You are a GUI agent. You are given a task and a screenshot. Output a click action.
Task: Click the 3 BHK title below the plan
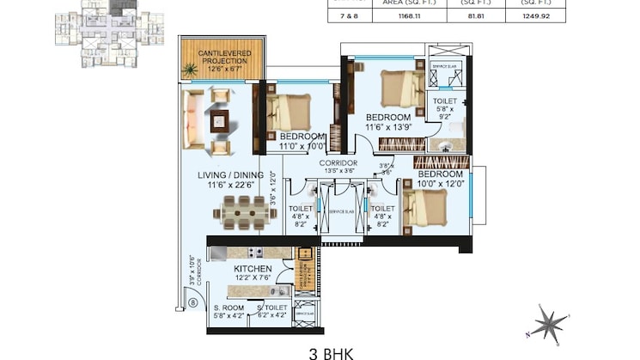coord(331,352)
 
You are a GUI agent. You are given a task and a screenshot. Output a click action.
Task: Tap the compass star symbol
coord(547,323)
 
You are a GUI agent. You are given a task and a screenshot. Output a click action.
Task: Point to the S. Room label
coord(229,311)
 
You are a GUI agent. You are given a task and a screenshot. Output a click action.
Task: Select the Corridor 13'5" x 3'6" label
coord(338,166)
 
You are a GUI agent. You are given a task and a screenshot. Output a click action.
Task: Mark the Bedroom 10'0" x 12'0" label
coord(441,178)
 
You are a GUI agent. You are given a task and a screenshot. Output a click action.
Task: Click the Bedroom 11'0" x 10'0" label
coord(302,141)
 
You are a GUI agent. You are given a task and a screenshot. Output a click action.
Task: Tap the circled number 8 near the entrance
coord(193,302)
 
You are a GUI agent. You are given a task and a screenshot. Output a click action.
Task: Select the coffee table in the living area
coord(220,122)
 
